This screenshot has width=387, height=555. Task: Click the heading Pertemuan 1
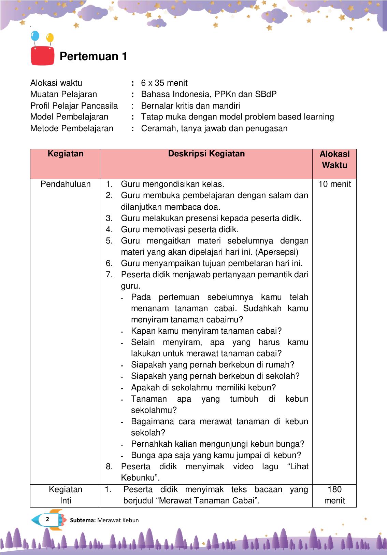[93, 56]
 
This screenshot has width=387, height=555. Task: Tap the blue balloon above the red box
[35, 36]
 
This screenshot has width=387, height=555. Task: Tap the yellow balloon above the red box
[50, 38]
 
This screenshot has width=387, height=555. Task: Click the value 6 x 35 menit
[164, 83]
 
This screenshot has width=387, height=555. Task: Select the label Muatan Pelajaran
[63, 94]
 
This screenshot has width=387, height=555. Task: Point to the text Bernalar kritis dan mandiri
[190, 106]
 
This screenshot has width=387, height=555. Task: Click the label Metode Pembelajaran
[72, 128]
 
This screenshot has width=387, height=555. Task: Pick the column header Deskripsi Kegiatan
[206, 154]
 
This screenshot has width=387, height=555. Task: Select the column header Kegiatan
[66, 154]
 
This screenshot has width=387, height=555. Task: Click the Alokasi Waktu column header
[334, 159]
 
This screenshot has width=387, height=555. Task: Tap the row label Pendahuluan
[66, 184]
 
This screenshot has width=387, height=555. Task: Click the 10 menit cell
[334, 184]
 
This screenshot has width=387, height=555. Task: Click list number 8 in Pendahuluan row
[109, 467]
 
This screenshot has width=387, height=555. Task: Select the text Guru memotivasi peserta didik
[180, 230]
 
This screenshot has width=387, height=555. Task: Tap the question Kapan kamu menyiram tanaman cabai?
[206, 331]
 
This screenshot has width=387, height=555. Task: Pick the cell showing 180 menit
[334, 495]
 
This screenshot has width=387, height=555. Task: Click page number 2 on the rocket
[47, 519]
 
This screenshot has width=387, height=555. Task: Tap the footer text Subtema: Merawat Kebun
[104, 520]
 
